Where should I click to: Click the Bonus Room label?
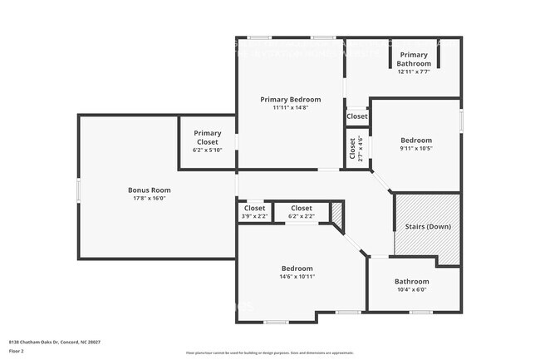click(149, 190)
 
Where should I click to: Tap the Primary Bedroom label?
click(290, 99)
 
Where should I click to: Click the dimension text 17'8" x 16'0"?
click(149, 199)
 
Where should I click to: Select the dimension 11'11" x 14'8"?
click(290, 107)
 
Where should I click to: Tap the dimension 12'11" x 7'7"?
click(414, 72)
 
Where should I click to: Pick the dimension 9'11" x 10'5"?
click(416, 149)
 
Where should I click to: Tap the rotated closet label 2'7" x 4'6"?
click(357, 148)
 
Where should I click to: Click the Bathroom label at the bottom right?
click(411, 281)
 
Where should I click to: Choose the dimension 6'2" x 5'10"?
click(207, 150)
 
